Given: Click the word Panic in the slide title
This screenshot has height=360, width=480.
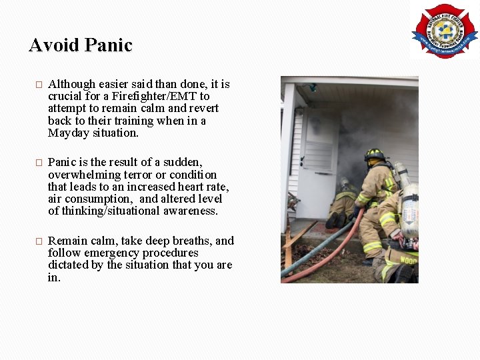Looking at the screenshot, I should [x=110, y=45].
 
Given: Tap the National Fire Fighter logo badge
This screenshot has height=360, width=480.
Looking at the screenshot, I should [x=444, y=31].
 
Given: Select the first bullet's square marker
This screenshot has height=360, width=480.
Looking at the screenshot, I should [x=39, y=85].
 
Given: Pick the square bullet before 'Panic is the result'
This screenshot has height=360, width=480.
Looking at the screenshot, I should [x=39, y=163].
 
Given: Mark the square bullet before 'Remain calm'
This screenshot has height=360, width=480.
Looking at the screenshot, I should [x=39, y=241].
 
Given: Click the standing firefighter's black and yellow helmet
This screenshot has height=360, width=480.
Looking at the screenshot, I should [x=374, y=154].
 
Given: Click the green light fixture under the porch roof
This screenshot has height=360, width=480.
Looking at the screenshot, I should [x=311, y=87].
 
